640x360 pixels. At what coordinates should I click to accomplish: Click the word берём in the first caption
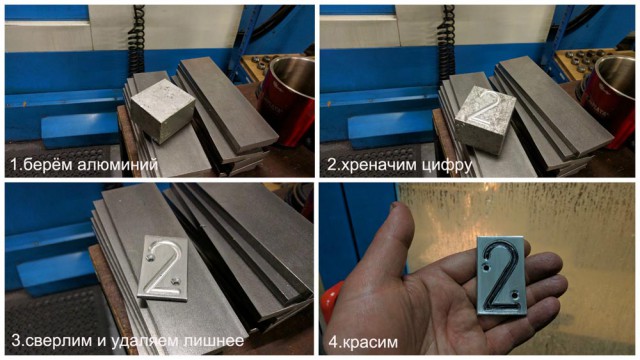pos(48,162)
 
